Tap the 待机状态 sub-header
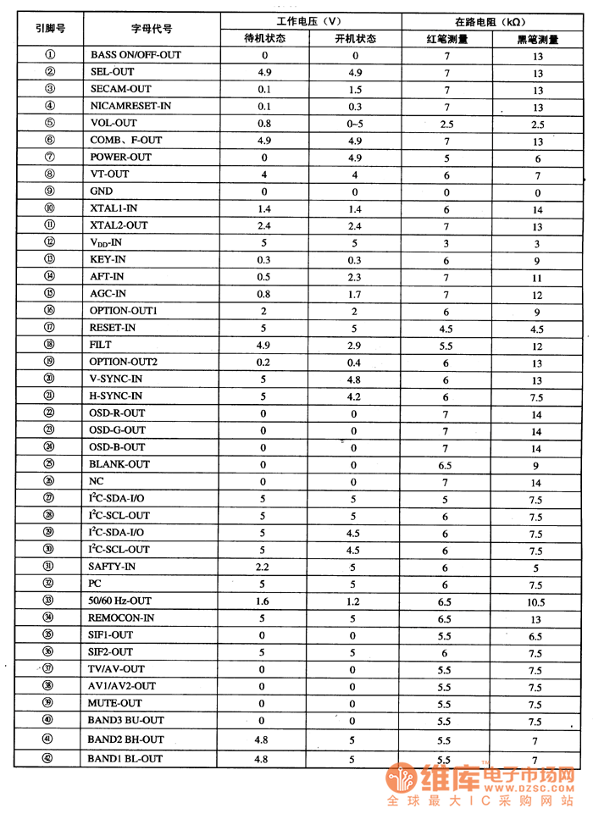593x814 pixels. [x=264, y=38]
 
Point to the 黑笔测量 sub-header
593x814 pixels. [x=537, y=38]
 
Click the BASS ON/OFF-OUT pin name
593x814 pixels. [x=135, y=55]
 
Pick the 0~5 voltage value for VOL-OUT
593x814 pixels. [x=354, y=124]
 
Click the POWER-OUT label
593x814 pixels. [x=120, y=158]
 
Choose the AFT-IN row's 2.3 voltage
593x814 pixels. [x=354, y=277]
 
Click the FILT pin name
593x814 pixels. [x=100, y=345]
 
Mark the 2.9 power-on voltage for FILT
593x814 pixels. [x=354, y=346]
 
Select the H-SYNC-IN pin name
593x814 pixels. [x=116, y=396]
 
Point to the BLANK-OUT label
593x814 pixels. [x=119, y=464]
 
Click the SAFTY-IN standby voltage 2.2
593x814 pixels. [x=263, y=567]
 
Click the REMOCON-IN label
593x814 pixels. [x=122, y=618]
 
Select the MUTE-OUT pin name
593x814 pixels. [x=115, y=703]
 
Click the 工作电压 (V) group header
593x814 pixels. [x=310, y=20]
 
